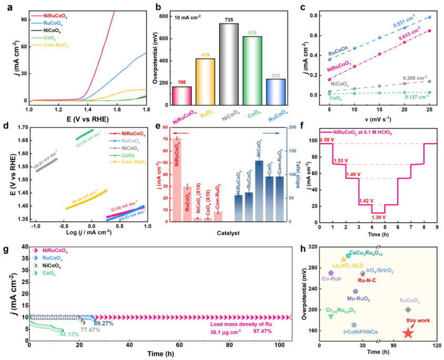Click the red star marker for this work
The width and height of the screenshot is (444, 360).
(408, 332)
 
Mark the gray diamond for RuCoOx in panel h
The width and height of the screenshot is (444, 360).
(408, 310)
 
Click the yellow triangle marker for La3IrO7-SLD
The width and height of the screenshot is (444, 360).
(344, 259)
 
